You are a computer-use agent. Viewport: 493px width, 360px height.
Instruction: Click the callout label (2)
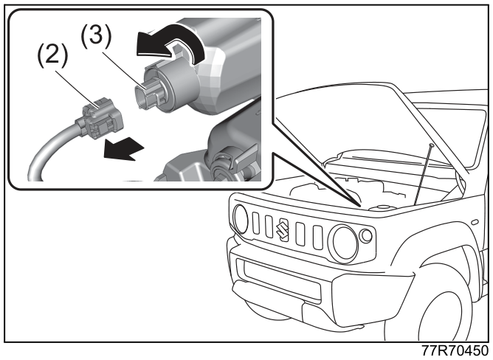point(52,55)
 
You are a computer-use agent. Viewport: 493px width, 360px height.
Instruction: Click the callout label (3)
point(97,36)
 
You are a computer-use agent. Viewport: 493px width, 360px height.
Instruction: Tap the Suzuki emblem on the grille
point(282,229)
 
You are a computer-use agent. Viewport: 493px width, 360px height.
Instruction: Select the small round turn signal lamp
point(366,236)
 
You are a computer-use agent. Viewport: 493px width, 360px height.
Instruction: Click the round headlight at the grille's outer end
point(241,219)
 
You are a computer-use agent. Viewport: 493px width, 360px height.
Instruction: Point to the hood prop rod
point(424,174)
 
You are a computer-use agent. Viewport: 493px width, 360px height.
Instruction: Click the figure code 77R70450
point(455,350)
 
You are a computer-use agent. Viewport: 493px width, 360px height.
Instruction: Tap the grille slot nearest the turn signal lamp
point(317,238)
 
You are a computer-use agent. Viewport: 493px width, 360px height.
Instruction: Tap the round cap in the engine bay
point(381,208)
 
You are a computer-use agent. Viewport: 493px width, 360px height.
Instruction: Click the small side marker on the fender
point(475,222)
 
